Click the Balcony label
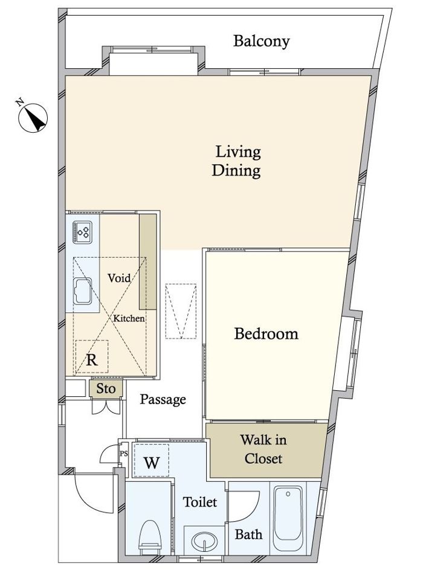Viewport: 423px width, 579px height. (261, 41)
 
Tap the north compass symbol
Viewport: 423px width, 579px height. (33, 117)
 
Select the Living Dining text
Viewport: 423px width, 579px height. (237, 162)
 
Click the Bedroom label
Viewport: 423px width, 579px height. (266, 334)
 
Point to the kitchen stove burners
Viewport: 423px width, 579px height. (82, 232)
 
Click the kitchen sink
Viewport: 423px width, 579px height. (82, 291)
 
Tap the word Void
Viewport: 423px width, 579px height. (119, 277)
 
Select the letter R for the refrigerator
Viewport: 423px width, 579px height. (92, 359)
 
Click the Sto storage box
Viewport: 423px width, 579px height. (106, 389)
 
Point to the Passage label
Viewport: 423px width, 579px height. (163, 399)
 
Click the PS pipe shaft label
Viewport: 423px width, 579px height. (124, 454)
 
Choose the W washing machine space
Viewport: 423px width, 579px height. (151, 460)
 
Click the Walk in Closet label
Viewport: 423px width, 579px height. (263, 449)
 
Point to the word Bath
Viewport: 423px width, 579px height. (249, 534)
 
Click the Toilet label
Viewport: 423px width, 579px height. (200, 502)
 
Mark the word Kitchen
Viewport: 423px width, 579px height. (129, 318)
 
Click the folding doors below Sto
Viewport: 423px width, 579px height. (106, 407)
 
